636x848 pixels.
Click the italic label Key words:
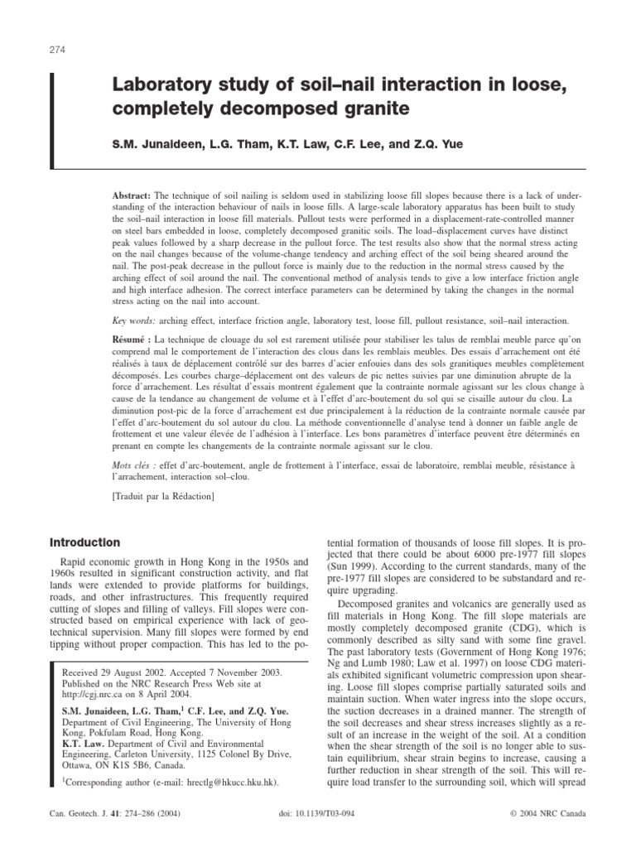pos(138,319)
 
